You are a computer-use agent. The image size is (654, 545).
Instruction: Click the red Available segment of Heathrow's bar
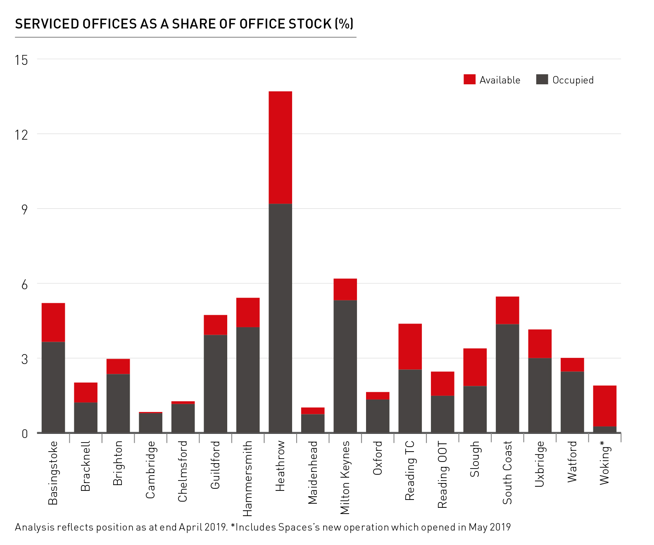(x=280, y=148)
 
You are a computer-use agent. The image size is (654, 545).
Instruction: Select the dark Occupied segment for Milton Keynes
(x=345, y=366)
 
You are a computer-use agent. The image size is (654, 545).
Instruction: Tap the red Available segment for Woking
(x=604, y=406)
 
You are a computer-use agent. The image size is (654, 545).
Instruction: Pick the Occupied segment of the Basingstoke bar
(x=53, y=387)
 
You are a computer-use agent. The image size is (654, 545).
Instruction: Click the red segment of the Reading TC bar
(x=410, y=346)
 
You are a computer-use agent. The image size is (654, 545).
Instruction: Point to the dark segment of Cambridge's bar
(x=150, y=422)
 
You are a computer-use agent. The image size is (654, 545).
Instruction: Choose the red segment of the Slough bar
(x=475, y=367)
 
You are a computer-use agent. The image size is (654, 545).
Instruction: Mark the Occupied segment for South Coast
(x=507, y=378)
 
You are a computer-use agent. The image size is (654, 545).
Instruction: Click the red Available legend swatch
(x=469, y=79)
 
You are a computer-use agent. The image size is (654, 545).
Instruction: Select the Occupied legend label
(x=573, y=80)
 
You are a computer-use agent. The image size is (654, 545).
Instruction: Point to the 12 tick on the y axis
(x=21, y=134)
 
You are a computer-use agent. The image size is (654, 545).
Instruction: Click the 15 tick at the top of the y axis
(x=21, y=60)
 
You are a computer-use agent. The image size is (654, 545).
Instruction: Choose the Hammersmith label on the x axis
(x=247, y=478)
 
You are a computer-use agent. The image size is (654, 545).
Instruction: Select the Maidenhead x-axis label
(x=313, y=473)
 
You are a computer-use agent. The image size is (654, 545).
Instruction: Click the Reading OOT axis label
(x=442, y=474)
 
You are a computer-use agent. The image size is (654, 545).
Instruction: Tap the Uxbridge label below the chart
(x=540, y=464)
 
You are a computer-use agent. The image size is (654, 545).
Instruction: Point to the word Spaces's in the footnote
(x=299, y=527)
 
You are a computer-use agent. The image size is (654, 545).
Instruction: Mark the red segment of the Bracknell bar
(x=86, y=392)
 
